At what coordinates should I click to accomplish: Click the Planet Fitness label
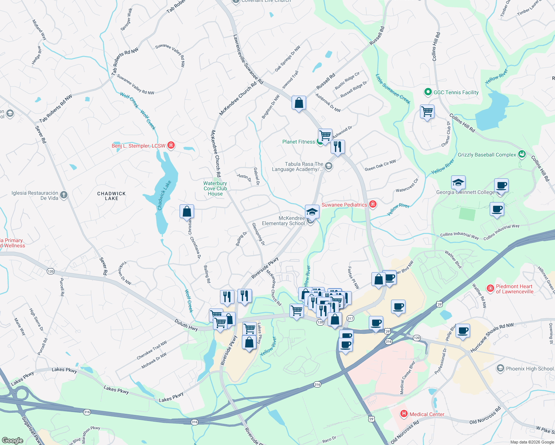click(x=298, y=142)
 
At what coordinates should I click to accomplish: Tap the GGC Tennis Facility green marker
click(x=428, y=92)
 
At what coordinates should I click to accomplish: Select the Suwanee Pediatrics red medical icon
click(x=373, y=205)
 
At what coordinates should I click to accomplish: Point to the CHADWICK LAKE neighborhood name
click(x=111, y=196)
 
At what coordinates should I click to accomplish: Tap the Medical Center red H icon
click(x=404, y=414)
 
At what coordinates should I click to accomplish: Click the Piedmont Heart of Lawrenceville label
click(x=514, y=289)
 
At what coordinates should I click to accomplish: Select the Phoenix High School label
click(x=529, y=369)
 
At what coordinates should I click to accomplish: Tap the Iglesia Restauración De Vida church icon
click(x=64, y=195)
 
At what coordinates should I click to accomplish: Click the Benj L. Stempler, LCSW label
click(x=138, y=146)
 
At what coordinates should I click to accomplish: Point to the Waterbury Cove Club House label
click(x=215, y=188)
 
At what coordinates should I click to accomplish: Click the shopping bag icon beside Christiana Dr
click(x=187, y=211)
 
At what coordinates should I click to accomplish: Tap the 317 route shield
click(x=350, y=319)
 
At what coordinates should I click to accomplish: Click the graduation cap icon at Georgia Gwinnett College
click(x=458, y=182)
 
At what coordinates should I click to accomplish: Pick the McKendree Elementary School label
click(x=283, y=221)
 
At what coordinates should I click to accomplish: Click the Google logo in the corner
click(x=12, y=440)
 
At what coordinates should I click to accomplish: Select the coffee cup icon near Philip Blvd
click(x=463, y=330)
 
